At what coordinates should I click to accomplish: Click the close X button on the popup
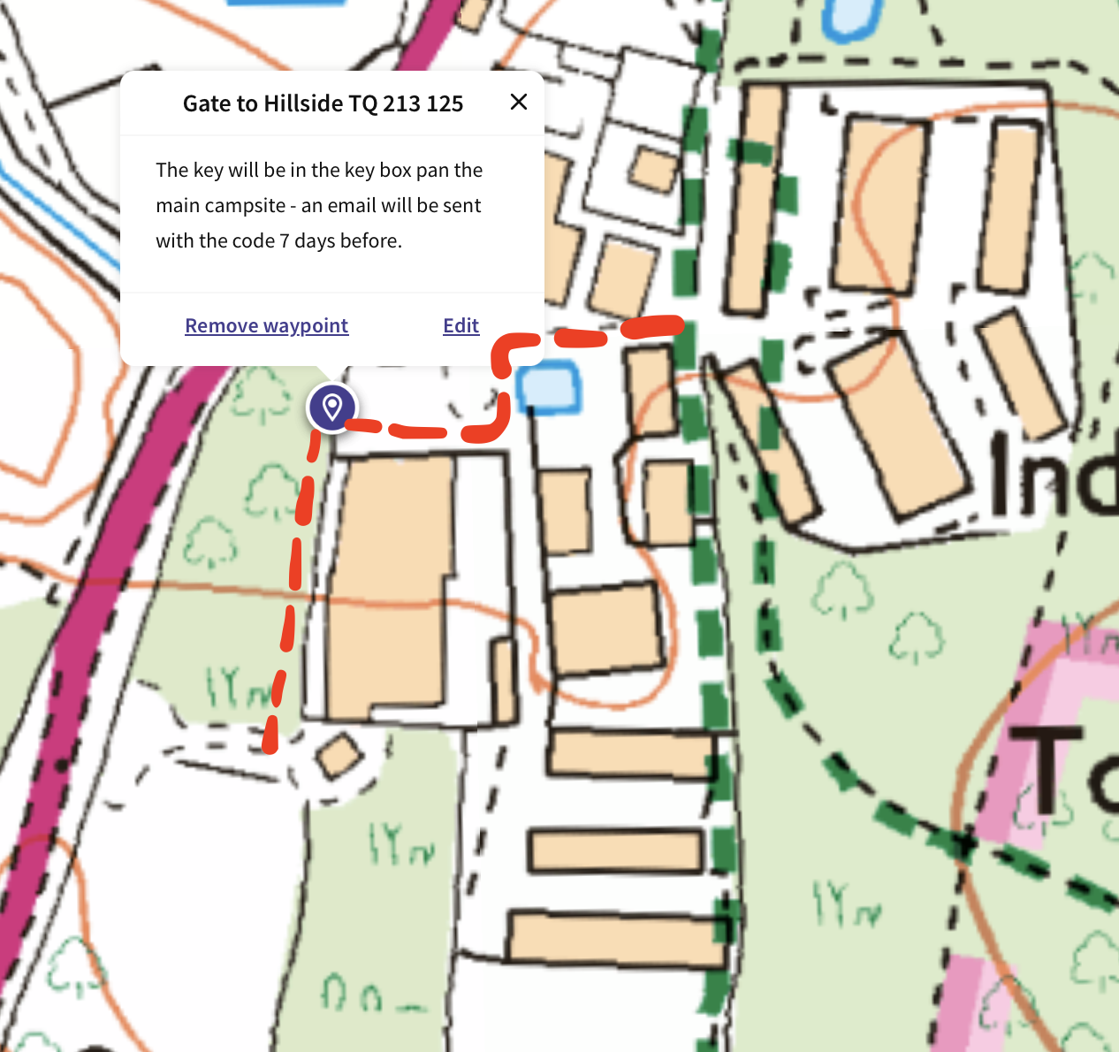(519, 103)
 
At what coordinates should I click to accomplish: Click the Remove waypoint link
(266, 325)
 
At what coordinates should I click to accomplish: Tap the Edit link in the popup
(461, 325)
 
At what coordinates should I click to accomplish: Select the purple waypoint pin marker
(332, 408)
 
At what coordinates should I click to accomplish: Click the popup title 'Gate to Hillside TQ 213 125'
(323, 103)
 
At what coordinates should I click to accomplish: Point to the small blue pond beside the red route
(548, 387)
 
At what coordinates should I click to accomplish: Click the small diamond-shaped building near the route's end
(339, 757)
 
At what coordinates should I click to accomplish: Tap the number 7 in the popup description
(284, 240)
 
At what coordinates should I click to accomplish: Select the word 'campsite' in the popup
(248, 206)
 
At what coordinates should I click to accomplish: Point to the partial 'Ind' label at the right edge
(1052, 477)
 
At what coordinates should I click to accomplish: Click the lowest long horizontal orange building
(617, 938)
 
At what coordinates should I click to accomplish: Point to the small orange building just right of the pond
(650, 392)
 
